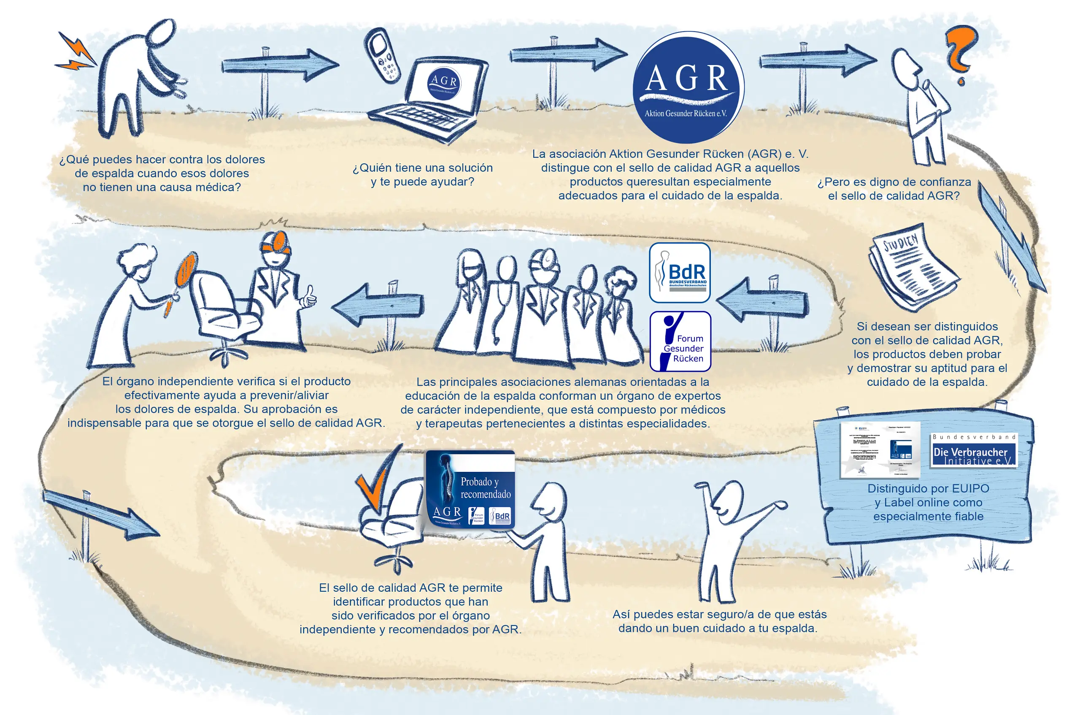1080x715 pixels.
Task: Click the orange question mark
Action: [x=961, y=52]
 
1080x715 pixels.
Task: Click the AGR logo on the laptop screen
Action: [x=444, y=84]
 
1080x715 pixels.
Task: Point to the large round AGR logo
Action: [x=688, y=87]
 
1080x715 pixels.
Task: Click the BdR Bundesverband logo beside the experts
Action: [x=680, y=273]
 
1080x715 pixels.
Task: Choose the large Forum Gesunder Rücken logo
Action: [x=680, y=341]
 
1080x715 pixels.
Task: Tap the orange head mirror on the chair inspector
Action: [x=278, y=242]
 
